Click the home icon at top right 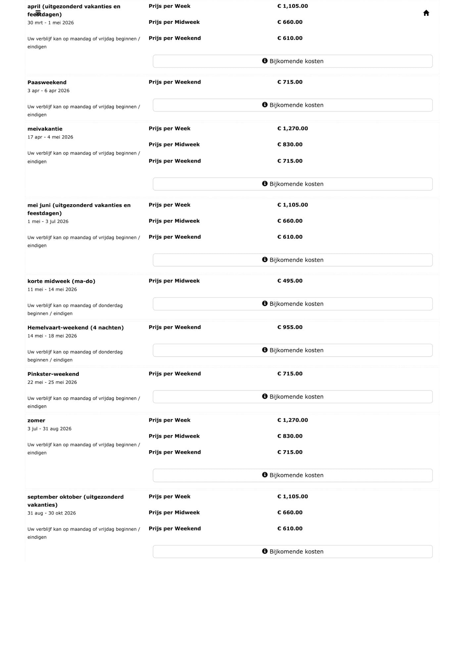click(x=426, y=13)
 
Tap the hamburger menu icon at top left click(x=38, y=13)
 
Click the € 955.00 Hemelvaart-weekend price click(x=290, y=327)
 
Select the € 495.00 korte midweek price click(x=290, y=281)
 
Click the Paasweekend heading click(x=47, y=82)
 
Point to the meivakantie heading click(x=45, y=129)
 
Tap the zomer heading click(x=36, y=420)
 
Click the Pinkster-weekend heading click(x=53, y=374)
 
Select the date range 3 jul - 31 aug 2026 click(x=49, y=429)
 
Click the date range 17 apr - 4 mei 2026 click(x=50, y=137)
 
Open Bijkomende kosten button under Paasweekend click(x=293, y=105)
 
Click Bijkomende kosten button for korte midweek click(x=293, y=304)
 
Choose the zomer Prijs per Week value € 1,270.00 click(x=293, y=420)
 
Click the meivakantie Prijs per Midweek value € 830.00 click(x=290, y=144)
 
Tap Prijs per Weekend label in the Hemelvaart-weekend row click(x=175, y=327)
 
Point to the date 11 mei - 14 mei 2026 click(x=52, y=289)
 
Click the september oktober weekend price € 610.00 click(x=290, y=528)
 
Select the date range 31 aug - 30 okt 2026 click(x=52, y=513)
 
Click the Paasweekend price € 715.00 click(x=290, y=82)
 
